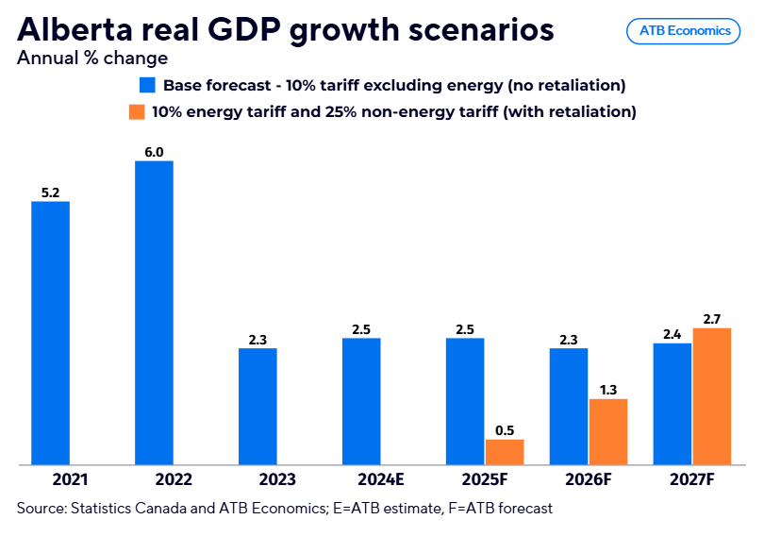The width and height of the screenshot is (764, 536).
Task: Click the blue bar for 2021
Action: [51, 333]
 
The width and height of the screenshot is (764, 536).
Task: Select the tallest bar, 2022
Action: [155, 312]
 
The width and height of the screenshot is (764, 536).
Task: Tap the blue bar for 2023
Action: [257, 406]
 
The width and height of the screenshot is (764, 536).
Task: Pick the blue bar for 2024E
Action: [361, 401]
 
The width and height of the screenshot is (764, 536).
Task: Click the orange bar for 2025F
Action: [505, 452]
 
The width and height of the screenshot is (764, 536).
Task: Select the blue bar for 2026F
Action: [569, 406]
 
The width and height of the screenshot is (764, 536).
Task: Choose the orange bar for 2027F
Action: [712, 396]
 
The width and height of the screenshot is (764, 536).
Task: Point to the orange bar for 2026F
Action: [608, 431]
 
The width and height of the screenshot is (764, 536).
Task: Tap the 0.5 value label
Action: [505, 430]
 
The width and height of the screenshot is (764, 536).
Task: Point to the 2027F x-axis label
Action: [692, 479]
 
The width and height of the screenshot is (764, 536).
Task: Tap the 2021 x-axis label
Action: [51, 479]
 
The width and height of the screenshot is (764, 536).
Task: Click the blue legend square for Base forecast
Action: [147, 85]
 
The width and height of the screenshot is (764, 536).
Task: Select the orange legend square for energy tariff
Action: [138, 111]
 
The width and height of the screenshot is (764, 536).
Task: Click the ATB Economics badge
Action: [684, 30]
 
